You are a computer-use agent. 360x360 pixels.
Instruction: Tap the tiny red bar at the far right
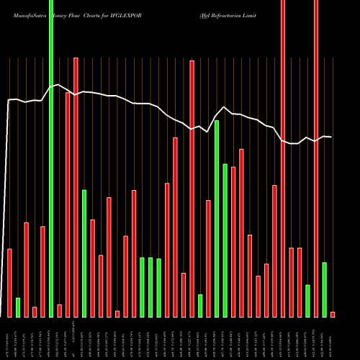(333, 314)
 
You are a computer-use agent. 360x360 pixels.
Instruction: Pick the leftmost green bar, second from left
(18, 307)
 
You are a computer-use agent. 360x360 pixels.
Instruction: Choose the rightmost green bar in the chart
(324, 289)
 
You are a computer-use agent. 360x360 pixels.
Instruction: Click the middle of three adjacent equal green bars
(150, 287)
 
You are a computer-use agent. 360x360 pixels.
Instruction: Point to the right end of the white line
(330, 137)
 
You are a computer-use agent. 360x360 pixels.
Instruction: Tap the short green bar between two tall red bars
(200, 305)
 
